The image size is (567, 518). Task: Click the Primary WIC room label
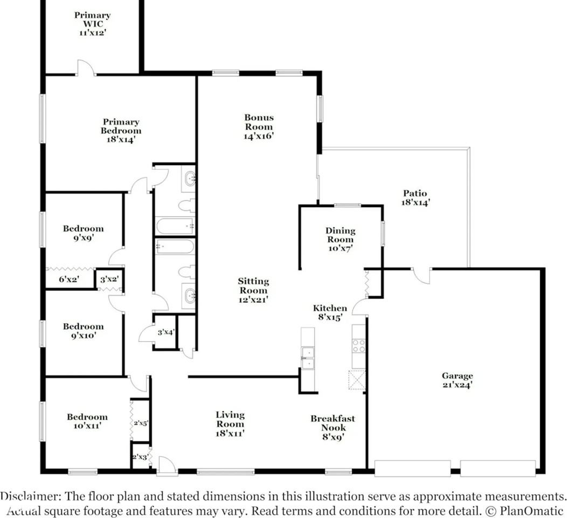pyautogui.click(x=92, y=24)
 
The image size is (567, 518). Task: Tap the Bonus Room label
pyautogui.click(x=259, y=127)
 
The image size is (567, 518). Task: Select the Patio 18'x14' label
pyautogui.click(x=415, y=197)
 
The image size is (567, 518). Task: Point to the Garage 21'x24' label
pyautogui.click(x=457, y=380)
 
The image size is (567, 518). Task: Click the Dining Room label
pyautogui.click(x=340, y=239)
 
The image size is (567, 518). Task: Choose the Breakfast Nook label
pyautogui.click(x=333, y=427)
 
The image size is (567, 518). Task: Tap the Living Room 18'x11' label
pyautogui.click(x=230, y=424)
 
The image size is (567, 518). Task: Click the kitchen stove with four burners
pyautogui.click(x=359, y=345)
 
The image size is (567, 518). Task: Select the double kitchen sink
pyautogui.click(x=308, y=358)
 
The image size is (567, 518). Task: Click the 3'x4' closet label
pyautogui.click(x=166, y=332)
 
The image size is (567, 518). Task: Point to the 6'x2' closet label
pyautogui.click(x=69, y=279)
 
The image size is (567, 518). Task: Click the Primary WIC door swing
pyautogui.click(x=86, y=67)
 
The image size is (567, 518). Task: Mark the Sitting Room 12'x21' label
pyautogui.click(x=253, y=290)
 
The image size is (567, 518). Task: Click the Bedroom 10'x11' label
pyautogui.click(x=87, y=421)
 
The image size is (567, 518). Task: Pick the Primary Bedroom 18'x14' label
pyautogui.click(x=121, y=131)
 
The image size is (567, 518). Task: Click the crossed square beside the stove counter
pyautogui.click(x=357, y=380)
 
